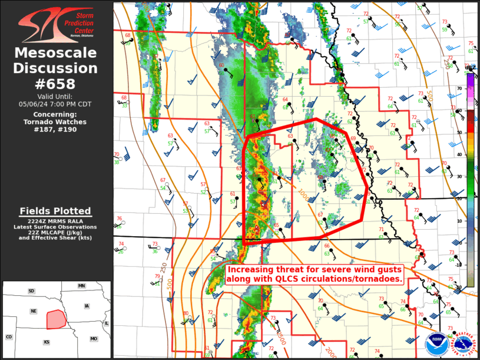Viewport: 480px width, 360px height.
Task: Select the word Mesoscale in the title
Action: (55, 54)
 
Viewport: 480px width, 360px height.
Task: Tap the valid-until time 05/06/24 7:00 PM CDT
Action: (57, 104)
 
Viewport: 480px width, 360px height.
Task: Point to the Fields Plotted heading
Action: (55, 211)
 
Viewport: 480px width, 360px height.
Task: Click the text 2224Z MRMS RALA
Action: (55, 221)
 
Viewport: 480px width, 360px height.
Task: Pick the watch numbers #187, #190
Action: (57, 129)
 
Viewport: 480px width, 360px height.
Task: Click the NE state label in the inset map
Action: (34, 311)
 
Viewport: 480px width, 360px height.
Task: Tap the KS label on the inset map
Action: (47, 342)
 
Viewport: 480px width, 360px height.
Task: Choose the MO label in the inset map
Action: (94, 339)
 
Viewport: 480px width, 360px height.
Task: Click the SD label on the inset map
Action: (31, 291)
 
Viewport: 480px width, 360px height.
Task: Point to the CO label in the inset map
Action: (9, 337)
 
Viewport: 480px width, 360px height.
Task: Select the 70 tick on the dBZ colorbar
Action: (460, 89)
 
